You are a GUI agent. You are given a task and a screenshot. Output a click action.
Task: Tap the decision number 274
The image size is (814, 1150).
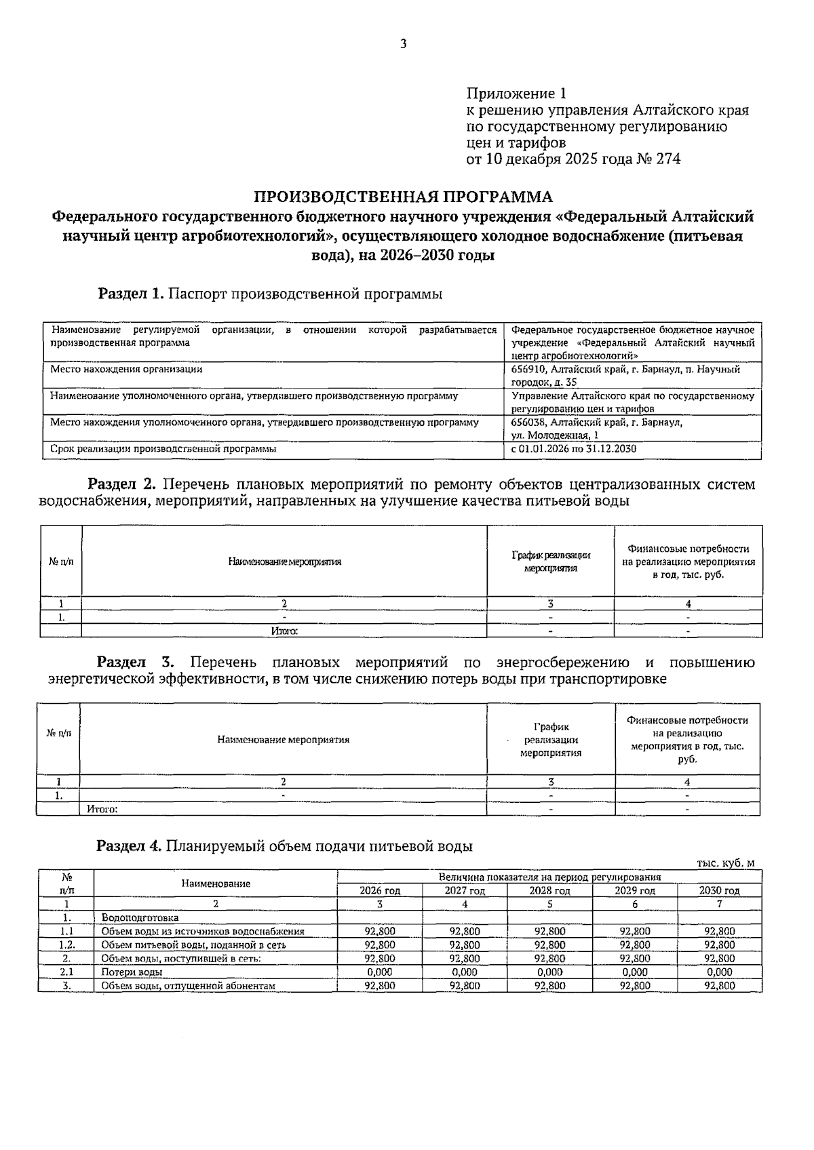pyautogui.click(x=667, y=159)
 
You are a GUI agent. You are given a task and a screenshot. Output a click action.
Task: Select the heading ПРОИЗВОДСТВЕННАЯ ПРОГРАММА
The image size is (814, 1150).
pyautogui.click(x=403, y=197)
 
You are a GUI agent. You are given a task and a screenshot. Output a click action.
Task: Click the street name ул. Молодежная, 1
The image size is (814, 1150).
pyautogui.click(x=555, y=435)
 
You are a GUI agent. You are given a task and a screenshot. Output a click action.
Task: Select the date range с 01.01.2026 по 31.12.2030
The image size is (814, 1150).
pyautogui.click(x=573, y=449)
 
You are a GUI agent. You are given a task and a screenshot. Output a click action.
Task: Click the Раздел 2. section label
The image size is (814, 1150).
pyautogui.click(x=122, y=485)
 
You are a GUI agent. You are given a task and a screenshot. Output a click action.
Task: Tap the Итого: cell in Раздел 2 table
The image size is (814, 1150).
pyautogui.click(x=284, y=631)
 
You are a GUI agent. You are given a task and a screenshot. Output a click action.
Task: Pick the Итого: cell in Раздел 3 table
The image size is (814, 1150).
pyautogui.click(x=103, y=809)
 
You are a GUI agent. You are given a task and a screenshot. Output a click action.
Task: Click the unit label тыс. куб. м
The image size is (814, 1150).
pyautogui.click(x=725, y=863)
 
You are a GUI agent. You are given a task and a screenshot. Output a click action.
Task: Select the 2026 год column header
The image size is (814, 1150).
pyautogui.click(x=380, y=890)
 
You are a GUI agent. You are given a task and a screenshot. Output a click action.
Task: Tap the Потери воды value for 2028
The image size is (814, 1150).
pyautogui.click(x=549, y=972)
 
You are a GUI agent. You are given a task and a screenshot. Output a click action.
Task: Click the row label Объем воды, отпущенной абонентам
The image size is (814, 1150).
pyautogui.click(x=188, y=986)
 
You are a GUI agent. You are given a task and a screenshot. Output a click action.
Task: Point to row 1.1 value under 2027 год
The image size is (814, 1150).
pyautogui.click(x=465, y=932)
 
